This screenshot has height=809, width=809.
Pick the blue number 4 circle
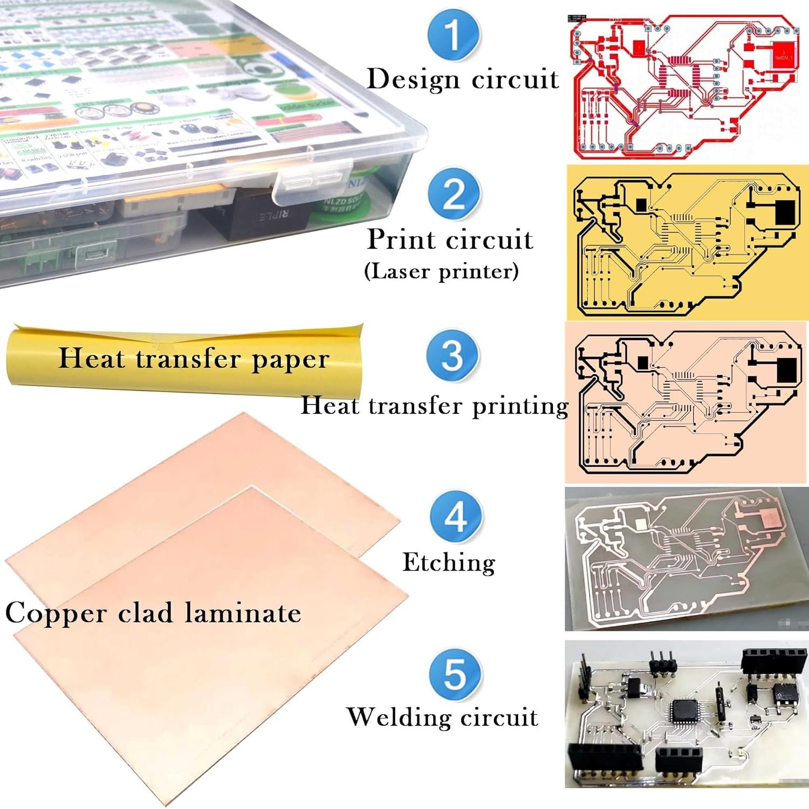coord(456,517)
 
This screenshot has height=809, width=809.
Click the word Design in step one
coord(413,79)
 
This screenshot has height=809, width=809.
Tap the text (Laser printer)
coord(441,271)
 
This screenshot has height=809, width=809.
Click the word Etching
coord(449,563)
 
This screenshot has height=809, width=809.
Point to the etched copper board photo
coord(686,559)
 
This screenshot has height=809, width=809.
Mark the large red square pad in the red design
coord(783,54)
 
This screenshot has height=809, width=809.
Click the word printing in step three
coord(520,406)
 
